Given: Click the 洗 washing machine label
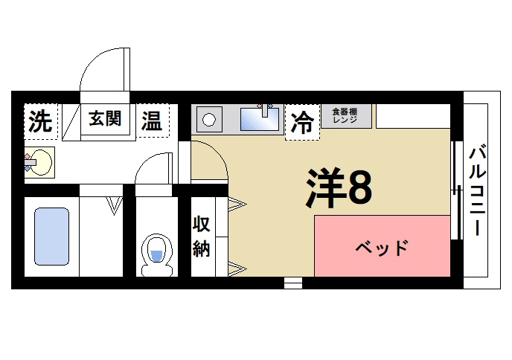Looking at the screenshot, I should click(41, 120).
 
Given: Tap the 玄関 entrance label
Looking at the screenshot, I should click(106, 119).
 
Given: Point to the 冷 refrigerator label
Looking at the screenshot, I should click(302, 121).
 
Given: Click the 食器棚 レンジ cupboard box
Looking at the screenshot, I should click(346, 116).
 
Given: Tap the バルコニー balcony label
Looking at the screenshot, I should click(476, 190).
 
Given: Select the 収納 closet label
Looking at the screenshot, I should click(201, 237).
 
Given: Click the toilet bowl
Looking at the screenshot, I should click(156, 251).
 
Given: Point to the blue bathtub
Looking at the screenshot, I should click(51, 237).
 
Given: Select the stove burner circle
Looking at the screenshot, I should click(209, 119).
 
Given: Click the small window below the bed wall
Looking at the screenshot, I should click(293, 283).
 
